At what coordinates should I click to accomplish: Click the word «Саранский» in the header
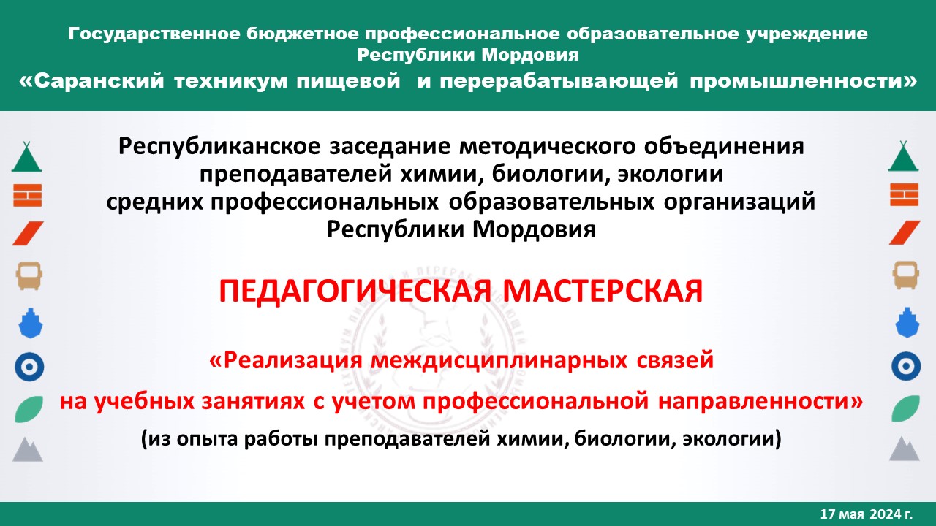pos(91,82)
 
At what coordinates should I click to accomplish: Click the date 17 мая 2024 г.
pos(867,514)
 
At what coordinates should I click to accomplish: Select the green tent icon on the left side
pos(28,157)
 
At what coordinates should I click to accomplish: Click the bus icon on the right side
pos(905,275)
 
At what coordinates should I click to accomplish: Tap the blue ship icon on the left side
pos(29,321)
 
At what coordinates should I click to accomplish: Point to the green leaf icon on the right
pos(905,408)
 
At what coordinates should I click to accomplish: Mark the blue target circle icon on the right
pos(905,365)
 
